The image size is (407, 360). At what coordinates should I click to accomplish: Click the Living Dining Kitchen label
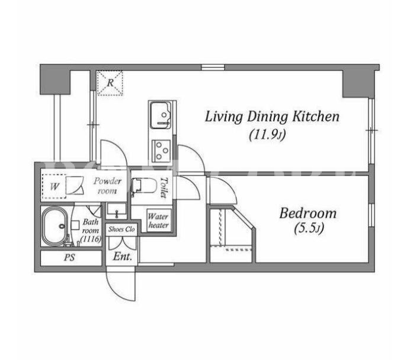click(x=272, y=117)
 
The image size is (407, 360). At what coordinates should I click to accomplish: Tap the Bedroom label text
click(x=308, y=214)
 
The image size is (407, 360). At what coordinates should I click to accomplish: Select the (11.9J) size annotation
click(x=267, y=135)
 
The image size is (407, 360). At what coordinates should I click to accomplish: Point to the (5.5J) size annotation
click(x=309, y=229)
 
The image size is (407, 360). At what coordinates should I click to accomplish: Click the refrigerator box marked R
click(x=110, y=83)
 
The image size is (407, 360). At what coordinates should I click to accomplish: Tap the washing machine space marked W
click(x=55, y=187)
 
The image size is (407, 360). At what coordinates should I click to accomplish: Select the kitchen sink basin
click(x=160, y=115)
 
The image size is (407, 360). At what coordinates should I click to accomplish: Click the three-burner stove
click(x=161, y=150)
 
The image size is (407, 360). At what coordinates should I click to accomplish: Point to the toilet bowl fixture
click(x=144, y=185)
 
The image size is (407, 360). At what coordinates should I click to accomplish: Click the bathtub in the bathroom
click(x=55, y=225)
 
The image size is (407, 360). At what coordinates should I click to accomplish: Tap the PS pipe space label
click(x=69, y=257)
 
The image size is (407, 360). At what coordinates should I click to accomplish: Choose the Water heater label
click(x=158, y=221)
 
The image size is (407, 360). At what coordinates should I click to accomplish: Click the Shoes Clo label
click(x=121, y=230)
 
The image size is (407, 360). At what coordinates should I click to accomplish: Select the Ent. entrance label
click(x=122, y=257)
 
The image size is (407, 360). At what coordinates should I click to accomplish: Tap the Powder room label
click(x=107, y=186)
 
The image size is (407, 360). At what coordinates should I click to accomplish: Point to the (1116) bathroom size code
click(x=91, y=239)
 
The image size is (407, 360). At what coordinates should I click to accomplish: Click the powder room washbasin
click(x=117, y=211)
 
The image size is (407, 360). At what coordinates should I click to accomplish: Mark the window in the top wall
click(x=213, y=68)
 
